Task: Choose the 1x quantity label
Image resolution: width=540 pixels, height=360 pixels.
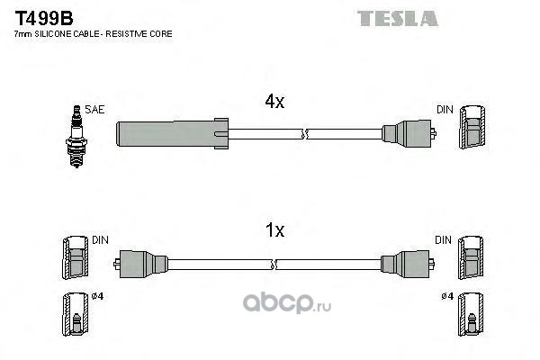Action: pos(274,230)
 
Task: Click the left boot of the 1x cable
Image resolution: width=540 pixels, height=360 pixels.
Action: pos(145,263)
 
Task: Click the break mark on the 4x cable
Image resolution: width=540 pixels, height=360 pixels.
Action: pos(306,136)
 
